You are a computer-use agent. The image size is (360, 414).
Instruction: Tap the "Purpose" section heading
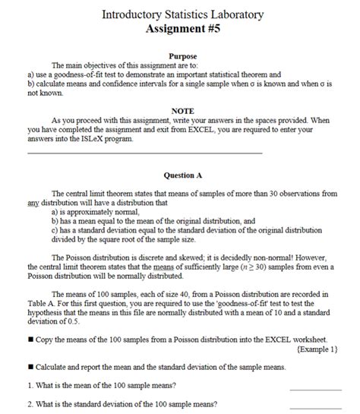(183, 57)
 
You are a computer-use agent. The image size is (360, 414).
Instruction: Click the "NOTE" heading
(183, 110)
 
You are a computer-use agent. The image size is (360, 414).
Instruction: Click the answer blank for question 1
(315, 387)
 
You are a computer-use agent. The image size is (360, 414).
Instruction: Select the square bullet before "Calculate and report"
(30, 368)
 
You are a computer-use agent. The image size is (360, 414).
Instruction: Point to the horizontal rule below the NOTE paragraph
(144, 153)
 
